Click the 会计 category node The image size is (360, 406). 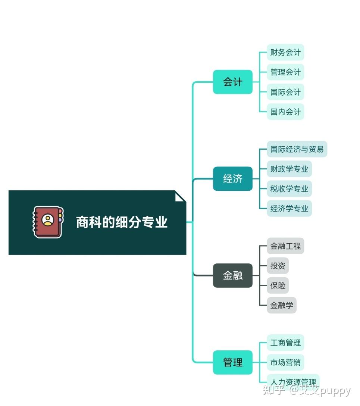[x=233, y=82]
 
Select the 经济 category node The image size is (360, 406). [x=233, y=179]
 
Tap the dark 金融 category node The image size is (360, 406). [x=233, y=275]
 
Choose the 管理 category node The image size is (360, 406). [x=233, y=362]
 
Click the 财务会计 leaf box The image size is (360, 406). [x=285, y=52]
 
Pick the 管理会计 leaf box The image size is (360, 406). [x=285, y=72]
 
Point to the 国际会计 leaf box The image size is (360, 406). [x=285, y=92]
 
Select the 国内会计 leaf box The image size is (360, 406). [x=285, y=112]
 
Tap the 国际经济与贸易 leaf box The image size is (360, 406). [x=297, y=149]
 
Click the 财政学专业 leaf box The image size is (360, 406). [x=289, y=169]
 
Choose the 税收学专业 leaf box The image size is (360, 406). [x=289, y=189]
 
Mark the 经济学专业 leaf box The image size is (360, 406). [x=289, y=209]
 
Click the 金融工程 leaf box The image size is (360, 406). [x=285, y=246]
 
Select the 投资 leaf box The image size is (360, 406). [x=278, y=266]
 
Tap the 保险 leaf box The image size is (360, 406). [x=278, y=285]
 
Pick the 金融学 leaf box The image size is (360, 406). [x=282, y=305]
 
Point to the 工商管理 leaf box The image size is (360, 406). [x=285, y=343]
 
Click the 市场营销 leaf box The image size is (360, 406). [x=285, y=362]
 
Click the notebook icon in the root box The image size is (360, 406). [x=48, y=222]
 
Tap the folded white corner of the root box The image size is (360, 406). [x=179, y=197]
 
